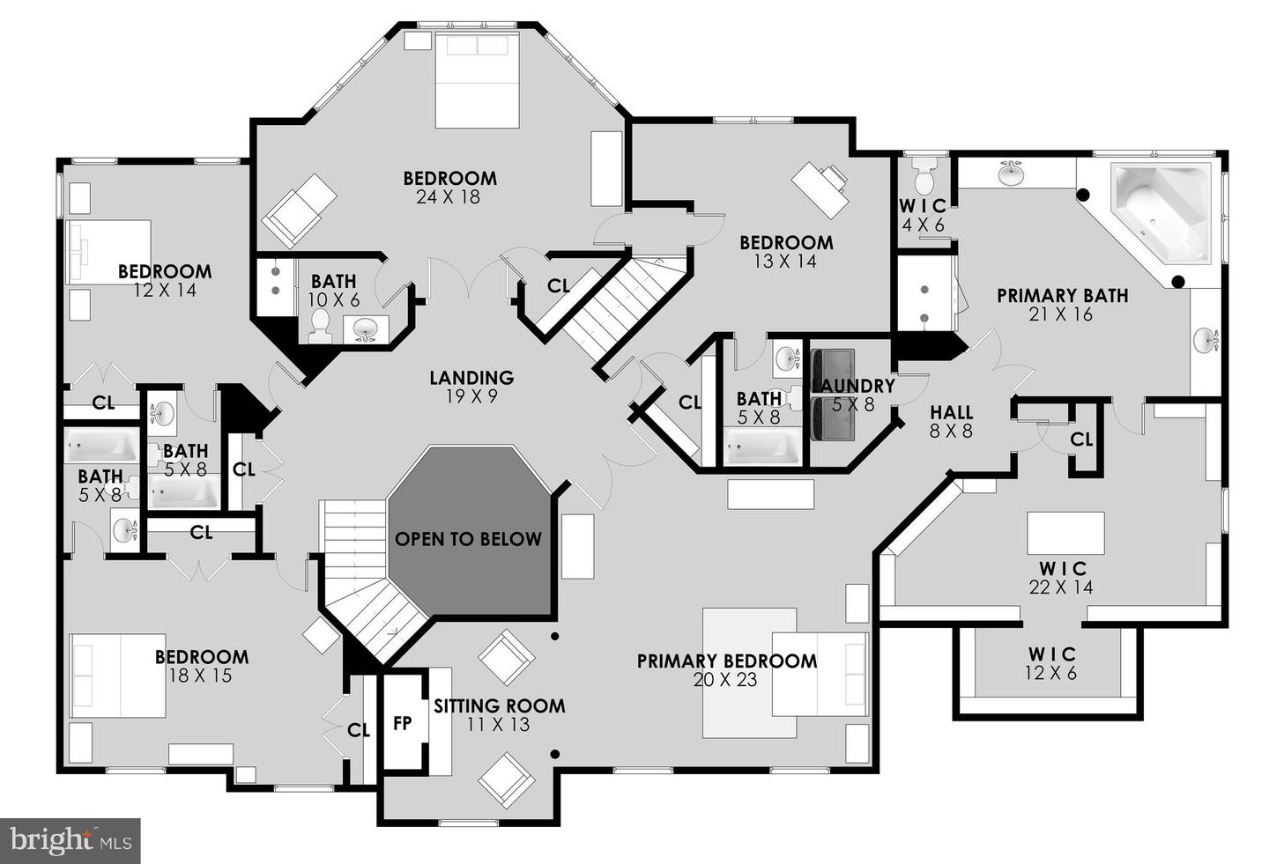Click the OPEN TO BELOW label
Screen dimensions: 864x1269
468,539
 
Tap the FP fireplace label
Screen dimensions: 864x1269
403,723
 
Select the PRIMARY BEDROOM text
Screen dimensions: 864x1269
726,661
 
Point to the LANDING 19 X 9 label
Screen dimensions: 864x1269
471,387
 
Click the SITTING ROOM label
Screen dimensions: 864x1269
499,705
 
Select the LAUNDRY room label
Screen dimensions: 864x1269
853,386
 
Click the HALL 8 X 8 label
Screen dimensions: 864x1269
952,421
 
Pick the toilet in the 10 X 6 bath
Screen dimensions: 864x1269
319,326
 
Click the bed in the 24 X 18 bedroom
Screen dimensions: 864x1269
477,81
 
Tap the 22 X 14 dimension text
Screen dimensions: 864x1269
1061,587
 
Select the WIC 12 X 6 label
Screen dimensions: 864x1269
1052,663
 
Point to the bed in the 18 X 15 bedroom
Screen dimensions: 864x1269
118,675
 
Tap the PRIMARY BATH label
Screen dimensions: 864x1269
1062,296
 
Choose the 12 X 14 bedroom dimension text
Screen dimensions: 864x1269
165,291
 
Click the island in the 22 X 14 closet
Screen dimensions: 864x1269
1065,533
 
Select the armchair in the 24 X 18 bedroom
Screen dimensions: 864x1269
299,210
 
